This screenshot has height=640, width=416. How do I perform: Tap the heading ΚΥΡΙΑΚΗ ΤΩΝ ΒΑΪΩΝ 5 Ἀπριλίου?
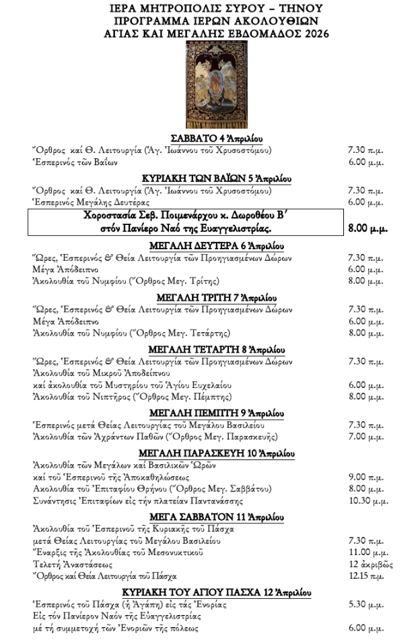click(x=207, y=178)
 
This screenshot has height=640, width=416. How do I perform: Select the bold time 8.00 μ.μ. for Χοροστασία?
click(x=367, y=228)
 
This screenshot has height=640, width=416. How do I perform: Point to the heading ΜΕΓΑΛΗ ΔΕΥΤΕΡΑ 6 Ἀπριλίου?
click(x=207, y=246)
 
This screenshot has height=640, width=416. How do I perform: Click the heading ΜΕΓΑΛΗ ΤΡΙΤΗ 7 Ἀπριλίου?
click(x=207, y=298)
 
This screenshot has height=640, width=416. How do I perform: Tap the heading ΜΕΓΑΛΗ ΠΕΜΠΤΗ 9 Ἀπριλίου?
click(x=207, y=412)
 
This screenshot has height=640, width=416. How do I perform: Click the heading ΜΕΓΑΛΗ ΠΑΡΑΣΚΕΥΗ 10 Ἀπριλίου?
click(x=207, y=452)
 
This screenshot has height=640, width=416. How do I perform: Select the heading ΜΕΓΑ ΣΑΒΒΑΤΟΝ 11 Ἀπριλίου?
click(x=207, y=516)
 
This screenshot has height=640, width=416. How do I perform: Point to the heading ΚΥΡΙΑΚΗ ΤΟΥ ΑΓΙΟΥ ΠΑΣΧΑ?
click(x=207, y=592)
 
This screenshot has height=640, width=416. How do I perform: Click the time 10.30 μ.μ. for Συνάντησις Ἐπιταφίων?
click(x=368, y=501)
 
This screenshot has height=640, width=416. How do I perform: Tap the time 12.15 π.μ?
click(x=366, y=577)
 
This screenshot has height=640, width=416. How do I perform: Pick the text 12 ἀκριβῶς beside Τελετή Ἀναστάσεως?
click(x=371, y=565)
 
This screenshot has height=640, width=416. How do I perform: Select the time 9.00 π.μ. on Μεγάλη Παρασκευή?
click(x=366, y=477)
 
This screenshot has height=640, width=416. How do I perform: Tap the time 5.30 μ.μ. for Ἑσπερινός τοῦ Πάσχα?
click(x=366, y=605)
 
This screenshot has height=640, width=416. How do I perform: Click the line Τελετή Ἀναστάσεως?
click(x=73, y=565)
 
